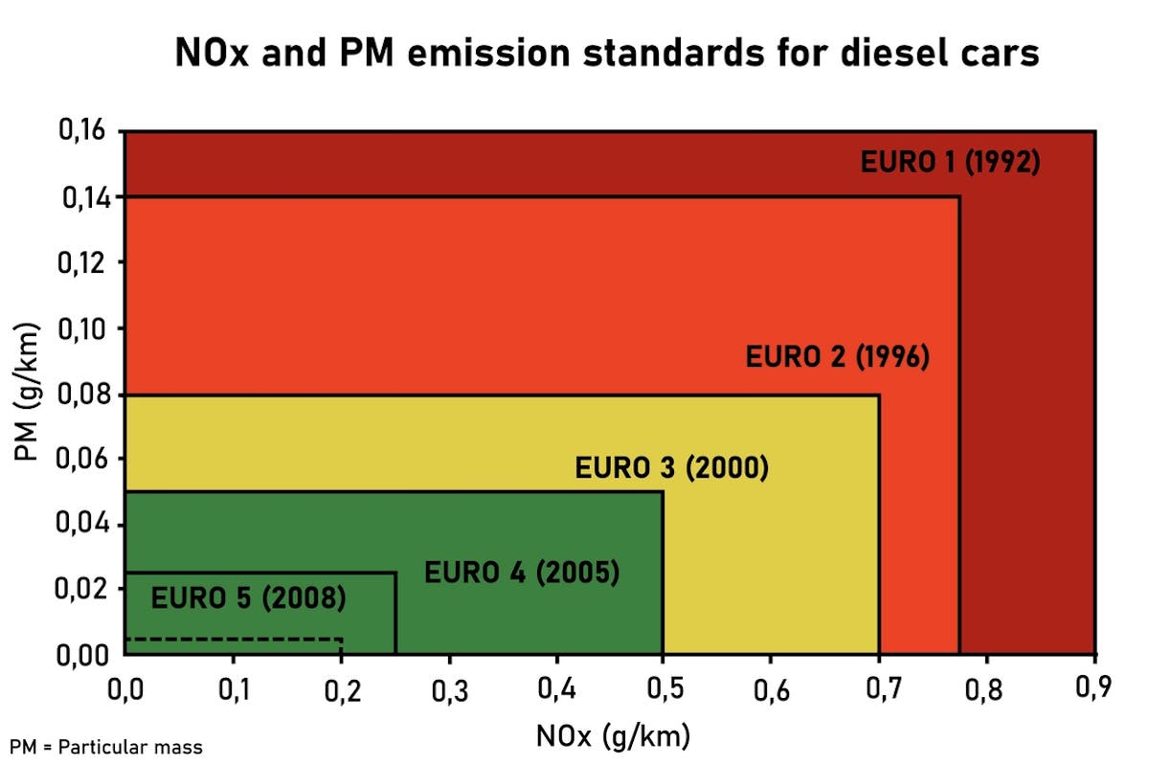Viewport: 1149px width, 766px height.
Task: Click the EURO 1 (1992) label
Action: click(950, 162)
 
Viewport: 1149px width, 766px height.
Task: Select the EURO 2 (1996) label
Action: click(838, 358)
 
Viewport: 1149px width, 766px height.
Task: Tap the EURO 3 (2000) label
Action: click(671, 469)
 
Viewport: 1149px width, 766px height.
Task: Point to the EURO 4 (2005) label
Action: click(522, 574)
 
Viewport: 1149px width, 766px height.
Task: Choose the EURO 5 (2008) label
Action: click(249, 599)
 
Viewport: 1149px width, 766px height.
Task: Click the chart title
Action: click(607, 55)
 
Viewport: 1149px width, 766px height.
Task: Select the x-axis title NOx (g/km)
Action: click(613, 736)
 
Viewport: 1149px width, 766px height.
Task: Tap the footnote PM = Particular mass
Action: click(107, 747)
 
